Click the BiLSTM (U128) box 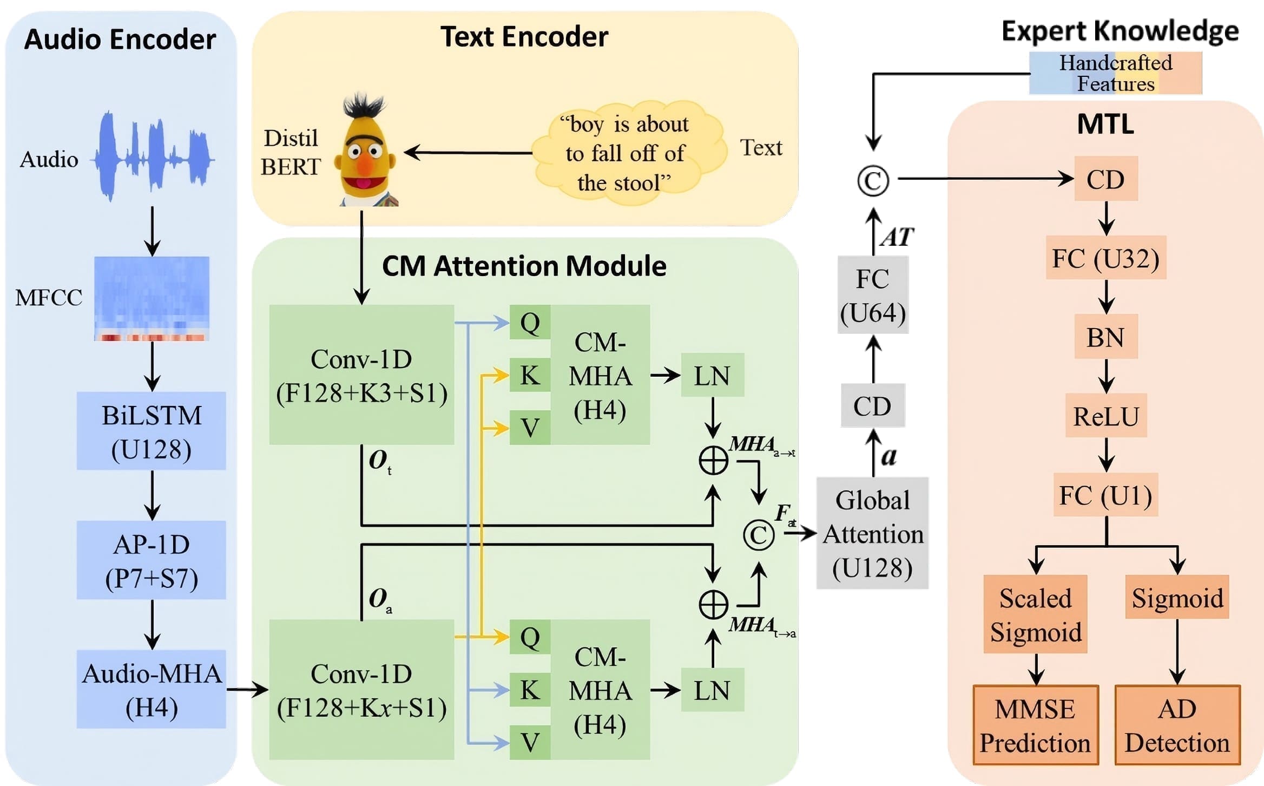point(151,431)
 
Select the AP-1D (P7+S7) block point(151,560)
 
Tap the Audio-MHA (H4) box point(151,689)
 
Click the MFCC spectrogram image point(152,298)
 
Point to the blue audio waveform point(154,156)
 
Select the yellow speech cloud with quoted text point(626,153)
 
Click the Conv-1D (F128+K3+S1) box point(361,375)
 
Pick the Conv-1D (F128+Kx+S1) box point(361,690)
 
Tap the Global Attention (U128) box point(872,533)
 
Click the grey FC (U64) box point(872,295)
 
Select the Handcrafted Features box point(1115,73)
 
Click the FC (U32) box point(1105,258)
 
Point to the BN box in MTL point(1105,337)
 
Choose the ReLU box point(1105,416)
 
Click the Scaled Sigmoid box point(1035,614)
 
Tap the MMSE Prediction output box point(1035,725)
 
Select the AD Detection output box point(1177,725)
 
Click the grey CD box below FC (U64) point(872,405)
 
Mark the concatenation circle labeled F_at point(759,535)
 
